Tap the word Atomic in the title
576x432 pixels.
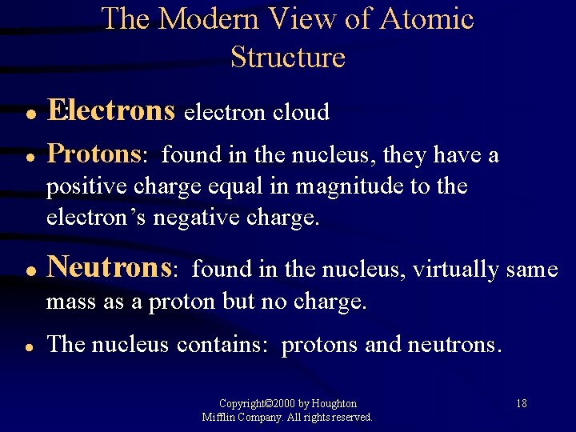tap(430, 19)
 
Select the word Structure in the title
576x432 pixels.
tap(288, 58)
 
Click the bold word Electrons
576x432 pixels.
tap(111, 111)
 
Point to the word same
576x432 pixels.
tap(532, 270)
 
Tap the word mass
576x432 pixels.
tap(69, 302)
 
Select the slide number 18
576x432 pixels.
tap(521, 403)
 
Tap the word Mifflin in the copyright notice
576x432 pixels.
tap(218, 417)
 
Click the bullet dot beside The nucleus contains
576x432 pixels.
tap(28, 346)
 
